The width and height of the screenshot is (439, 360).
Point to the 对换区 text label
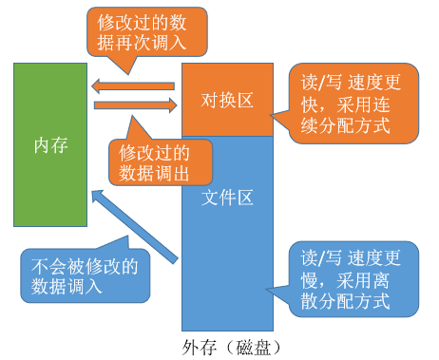(x=227, y=101)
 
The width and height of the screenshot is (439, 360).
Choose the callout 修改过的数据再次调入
(x=137, y=33)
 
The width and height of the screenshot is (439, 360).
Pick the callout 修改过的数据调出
(x=152, y=161)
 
